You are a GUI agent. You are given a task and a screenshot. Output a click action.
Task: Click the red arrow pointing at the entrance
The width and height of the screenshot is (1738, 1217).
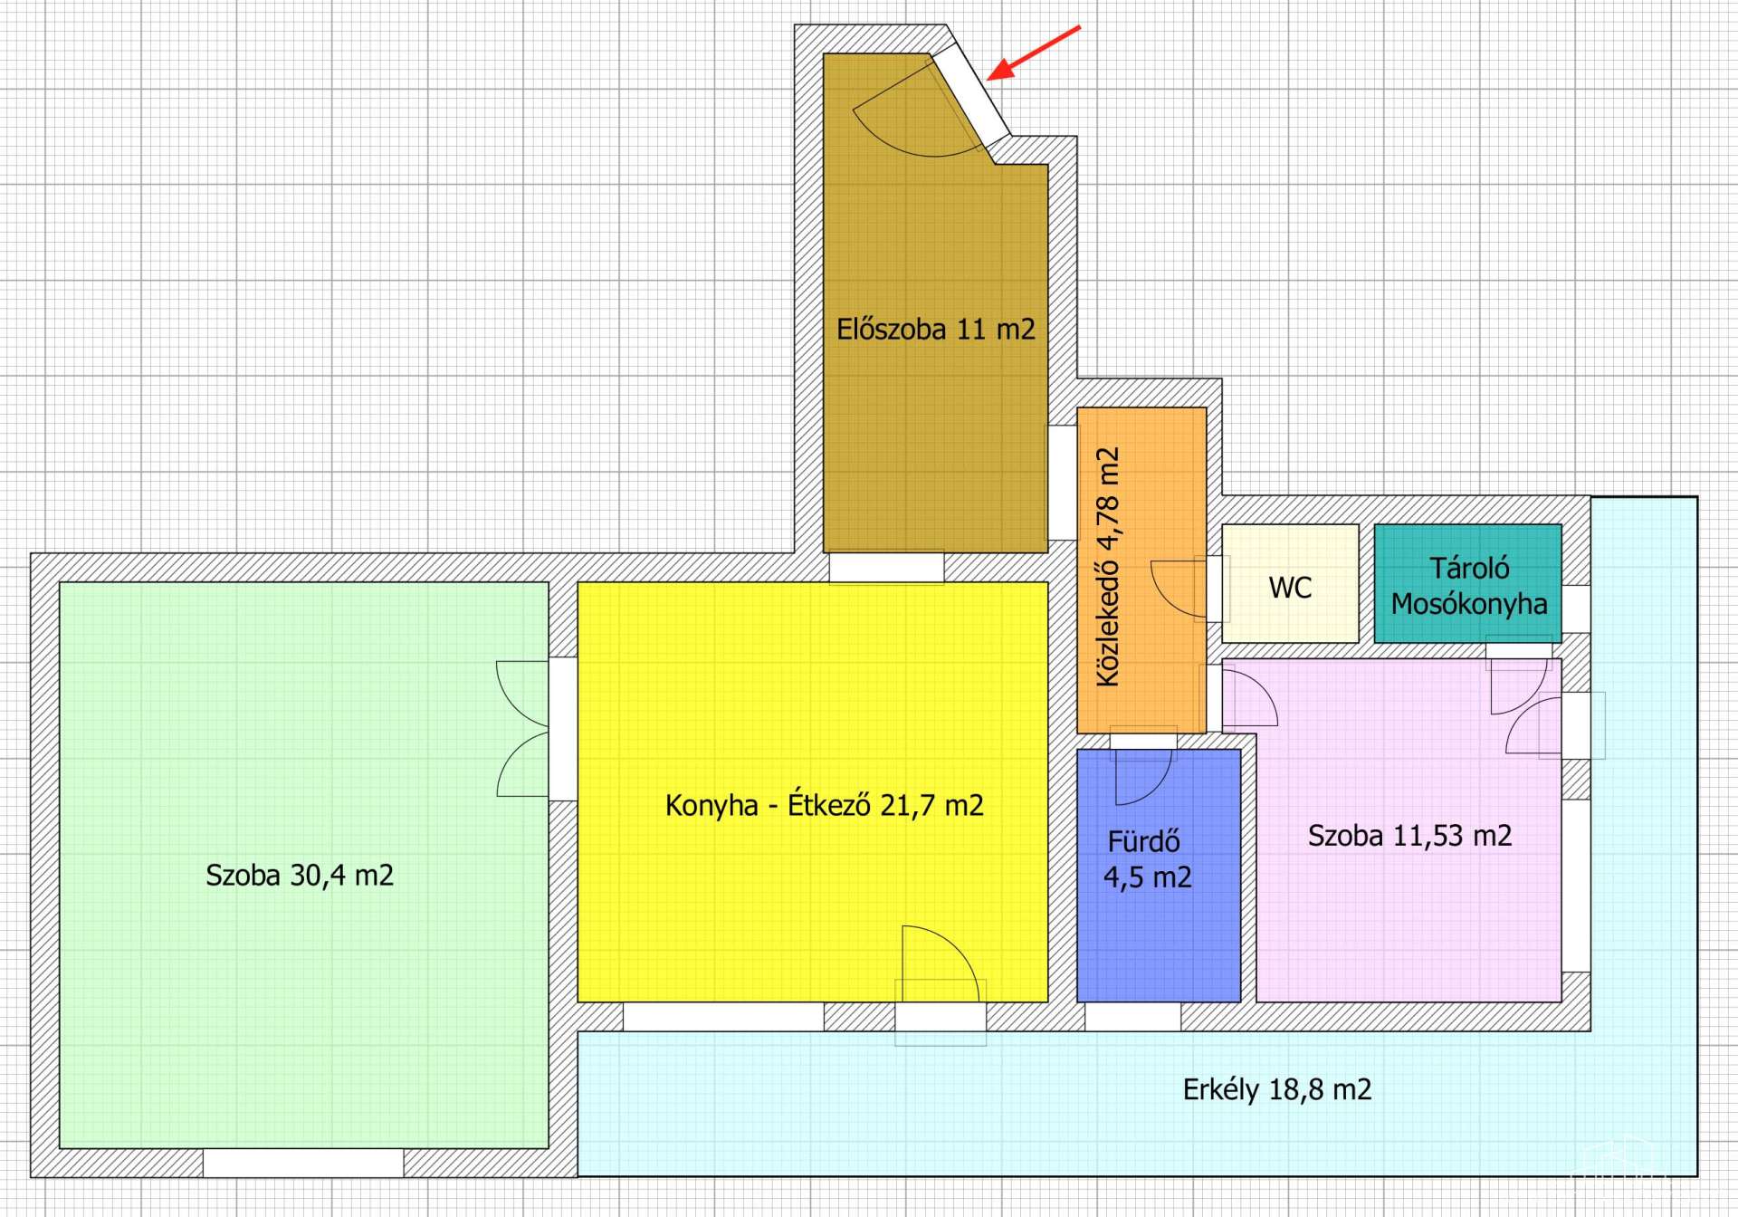click(x=1034, y=53)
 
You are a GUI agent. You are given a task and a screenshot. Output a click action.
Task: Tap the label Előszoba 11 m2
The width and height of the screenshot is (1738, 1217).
click(x=935, y=329)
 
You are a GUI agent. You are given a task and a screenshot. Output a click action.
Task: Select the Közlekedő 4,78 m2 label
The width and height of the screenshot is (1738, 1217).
click(x=1108, y=567)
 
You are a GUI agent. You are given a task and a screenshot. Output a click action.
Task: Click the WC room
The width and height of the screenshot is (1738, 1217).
click(x=1290, y=584)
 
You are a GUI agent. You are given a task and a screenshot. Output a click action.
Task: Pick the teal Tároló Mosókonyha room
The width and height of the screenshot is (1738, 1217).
click(x=1468, y=584)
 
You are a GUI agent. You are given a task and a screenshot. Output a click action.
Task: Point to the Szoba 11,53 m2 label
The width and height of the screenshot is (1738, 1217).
click(x=1409, y=835)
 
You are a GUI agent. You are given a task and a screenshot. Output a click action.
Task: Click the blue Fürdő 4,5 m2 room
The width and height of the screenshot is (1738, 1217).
click(x=1159, y=876)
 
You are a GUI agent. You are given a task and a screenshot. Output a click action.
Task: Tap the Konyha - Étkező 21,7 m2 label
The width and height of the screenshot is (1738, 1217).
click(x=824, y=805)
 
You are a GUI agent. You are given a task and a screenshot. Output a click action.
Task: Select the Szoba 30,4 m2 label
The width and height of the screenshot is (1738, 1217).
click(x=300, y=875)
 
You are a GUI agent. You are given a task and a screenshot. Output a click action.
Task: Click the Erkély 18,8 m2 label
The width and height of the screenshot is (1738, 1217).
click(x=1277, y=1088)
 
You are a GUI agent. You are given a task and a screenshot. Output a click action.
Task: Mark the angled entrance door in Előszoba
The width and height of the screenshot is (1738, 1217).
click(x=971, y=95)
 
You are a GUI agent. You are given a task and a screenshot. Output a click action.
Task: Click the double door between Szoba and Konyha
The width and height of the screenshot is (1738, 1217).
click(x=523, y=729)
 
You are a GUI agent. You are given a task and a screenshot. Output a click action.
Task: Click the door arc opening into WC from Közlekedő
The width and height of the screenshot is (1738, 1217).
click(x=1179, y=589)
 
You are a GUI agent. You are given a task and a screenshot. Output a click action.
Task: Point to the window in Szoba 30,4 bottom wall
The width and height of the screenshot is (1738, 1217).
click(x=303, y=1163)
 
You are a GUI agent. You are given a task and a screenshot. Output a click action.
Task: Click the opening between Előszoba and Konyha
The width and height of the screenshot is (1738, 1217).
click(x=886, y=567)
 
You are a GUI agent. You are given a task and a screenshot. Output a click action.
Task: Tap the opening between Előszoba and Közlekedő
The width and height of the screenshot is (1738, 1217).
click(x=1063, y=483)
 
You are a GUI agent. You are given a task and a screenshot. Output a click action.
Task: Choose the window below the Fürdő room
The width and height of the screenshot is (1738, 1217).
click(x=1132, y=1016)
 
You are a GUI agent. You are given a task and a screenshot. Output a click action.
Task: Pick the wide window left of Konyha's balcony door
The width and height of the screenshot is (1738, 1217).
click(x=723, y=1016)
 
